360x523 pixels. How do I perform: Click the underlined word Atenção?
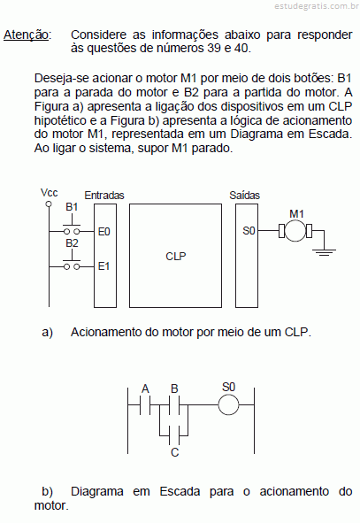click(x=26, y=35)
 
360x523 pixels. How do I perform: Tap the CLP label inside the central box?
click(x=176, y=256)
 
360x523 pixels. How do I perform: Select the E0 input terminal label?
click(x=104, y=232)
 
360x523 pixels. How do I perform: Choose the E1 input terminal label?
click(x=103, y=266)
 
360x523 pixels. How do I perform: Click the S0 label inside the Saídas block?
click(x=249, y=230)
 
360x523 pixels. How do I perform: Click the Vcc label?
click(x=49, y=193)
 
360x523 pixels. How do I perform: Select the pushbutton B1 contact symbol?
click(x=72, y=227)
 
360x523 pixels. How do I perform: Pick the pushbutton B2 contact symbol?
click(x=72, y=263)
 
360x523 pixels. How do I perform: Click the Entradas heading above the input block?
click(x=104, y=196)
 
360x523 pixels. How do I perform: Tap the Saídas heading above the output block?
click(x=244, y=195)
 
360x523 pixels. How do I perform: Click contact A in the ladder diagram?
click(x=145, y=405)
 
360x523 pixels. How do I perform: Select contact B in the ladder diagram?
click(x=174, y=405)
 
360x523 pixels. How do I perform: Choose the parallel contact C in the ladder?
click(x=174, y=435)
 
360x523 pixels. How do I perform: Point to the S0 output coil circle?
click(x=228, y=405)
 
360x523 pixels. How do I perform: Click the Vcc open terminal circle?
click(x=49, y=204)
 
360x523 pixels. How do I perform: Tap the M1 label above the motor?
click(x=296, y=214)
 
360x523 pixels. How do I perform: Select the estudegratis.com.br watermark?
click(x=317, y=6)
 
